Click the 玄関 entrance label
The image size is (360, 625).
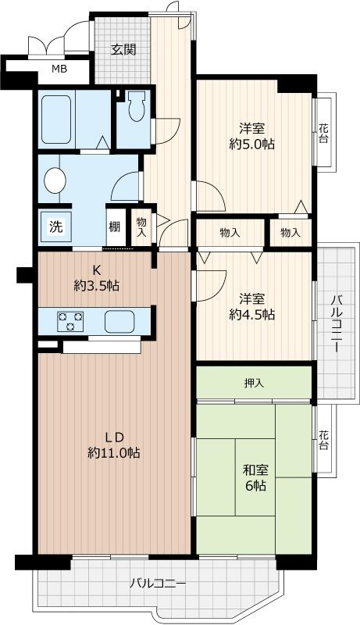123,50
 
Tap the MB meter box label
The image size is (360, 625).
59,69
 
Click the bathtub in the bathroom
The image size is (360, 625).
56,120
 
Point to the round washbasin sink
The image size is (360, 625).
55,180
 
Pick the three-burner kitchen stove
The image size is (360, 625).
70,321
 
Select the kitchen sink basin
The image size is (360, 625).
119,321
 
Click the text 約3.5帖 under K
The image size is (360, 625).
96,285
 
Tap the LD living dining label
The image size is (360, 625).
116,437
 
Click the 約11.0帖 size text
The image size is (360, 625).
113,453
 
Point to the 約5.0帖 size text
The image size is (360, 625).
251,144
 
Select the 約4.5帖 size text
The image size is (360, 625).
251,315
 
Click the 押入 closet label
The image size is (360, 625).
254,384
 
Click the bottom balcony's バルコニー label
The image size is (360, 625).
158,584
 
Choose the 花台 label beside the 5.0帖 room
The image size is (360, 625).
324,134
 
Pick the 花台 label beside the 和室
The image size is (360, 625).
324,440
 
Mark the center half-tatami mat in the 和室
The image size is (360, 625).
255,477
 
